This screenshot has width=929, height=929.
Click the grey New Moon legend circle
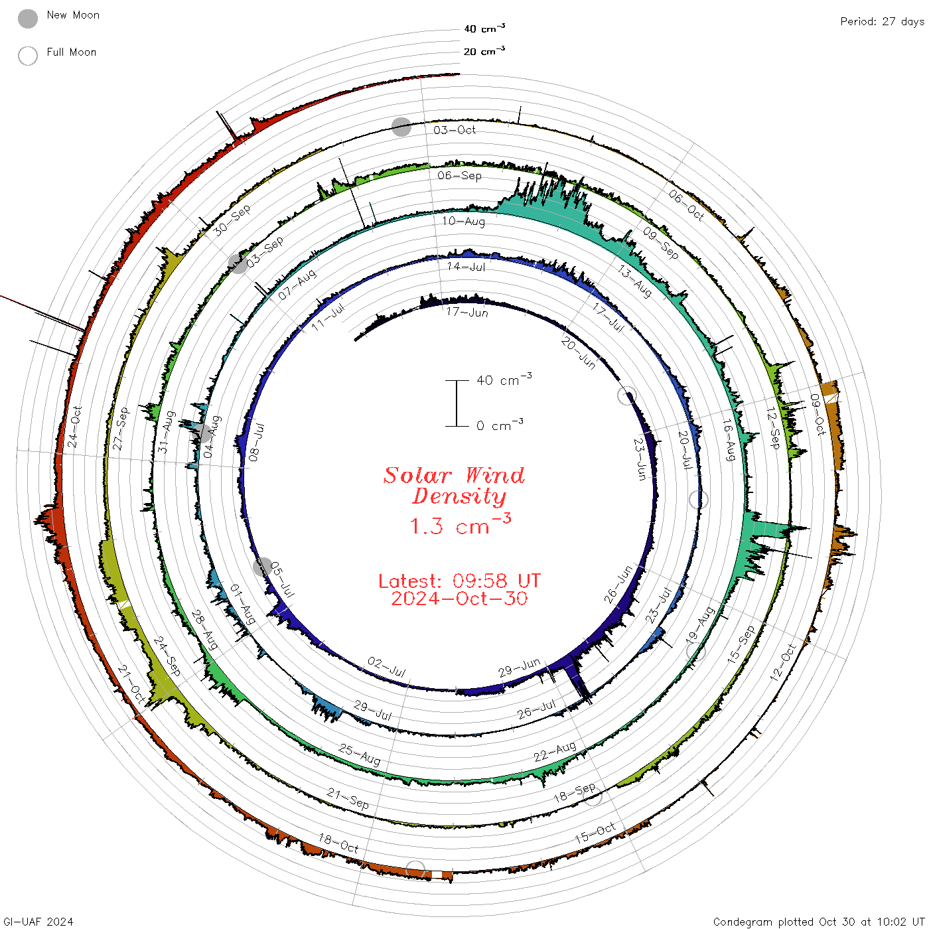pyautogui.click(x=27, y=19)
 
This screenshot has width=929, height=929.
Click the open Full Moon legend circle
pyautogui.click(x=27, y=56)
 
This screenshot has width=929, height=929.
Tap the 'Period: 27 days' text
pyautogui.click(x=882, y=22)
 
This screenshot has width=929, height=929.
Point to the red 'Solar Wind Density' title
pyautogui.click(x=454, y=486)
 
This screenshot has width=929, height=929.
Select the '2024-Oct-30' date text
pyautogui.click(x=459, y=599)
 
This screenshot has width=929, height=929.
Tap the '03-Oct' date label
pyautogui.click(x=454, y=129)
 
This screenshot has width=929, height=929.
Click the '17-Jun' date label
pyautogui.click(x=466, y=312)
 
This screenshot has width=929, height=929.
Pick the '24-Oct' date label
pyautogui.click(x=74, y=427)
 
